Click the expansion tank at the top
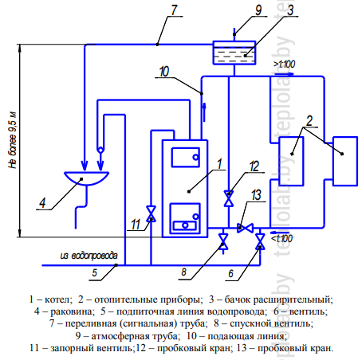pyautogui.click(x=234, y=53)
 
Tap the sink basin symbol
pyautogui.click(x=86, y=178)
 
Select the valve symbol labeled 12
pyautogui.click(x=229, y=198)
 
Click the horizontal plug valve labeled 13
pyautogui.click(x=245, y=228)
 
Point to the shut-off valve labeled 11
pyautogui.click(x=151, y=213)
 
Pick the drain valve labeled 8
pyautogui.click(x=223, y=241)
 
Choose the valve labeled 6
pyautogui.click(x=260, y=241)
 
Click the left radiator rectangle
pyautogui.click(x=291, y=161)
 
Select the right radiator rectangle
pyautogui.click(x=345, y=161)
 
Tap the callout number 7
pyautogui.click(x=174, y=10)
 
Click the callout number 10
pyautogui.click(x=164, y=72)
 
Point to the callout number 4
pyautogui.click(x=42, y=203)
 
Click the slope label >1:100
pyautogui.click(x=285, y=64)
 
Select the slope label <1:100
pyautogui.click(x=281, y=238)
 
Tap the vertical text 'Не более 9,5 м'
pyautogui.click(x=13, y=140)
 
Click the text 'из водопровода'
pyautogui.click(x=89, y=256)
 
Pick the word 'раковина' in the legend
pyautogui.click(x=72, y=311)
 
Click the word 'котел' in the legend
pyautogui.click(x=58, y=299)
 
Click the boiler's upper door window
pyautogui.click(x=186, y=157)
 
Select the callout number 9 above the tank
pyautogui.click(x=258, y=10)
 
